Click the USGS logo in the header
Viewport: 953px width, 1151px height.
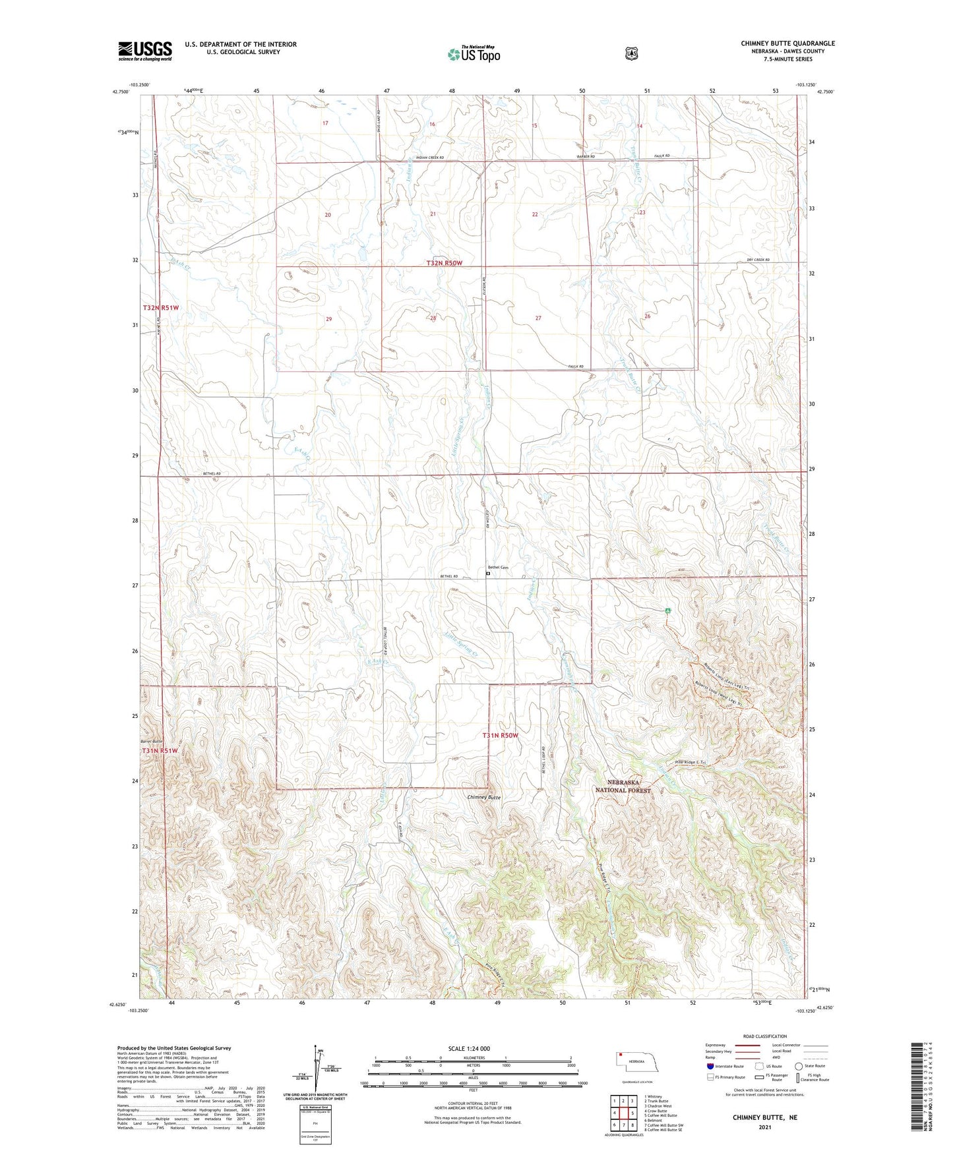coord(145,51)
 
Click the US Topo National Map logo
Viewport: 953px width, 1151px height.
coord(474,53)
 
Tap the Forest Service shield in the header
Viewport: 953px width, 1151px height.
coord(631,53)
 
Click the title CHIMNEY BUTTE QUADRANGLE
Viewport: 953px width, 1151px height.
coord(787,44)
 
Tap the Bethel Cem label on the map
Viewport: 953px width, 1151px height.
coord(498,568)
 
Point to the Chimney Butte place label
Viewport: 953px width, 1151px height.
coord(484,797)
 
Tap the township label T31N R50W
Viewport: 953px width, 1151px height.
coord(500,735)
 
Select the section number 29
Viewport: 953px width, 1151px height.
coord(329,319)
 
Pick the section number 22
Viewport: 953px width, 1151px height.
coord(535,214)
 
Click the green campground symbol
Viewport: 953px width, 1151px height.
coord(668,610)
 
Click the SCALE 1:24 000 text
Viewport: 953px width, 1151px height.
coord(469,1048)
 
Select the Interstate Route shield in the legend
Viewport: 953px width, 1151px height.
coord(710,1066)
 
